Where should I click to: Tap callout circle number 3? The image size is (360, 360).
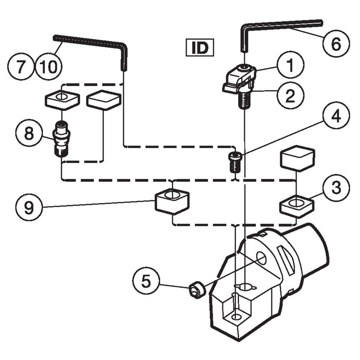click(x=336, y=188)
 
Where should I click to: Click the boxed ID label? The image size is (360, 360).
click(x=200, y=48)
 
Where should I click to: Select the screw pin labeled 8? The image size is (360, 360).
click(x=62, y=138)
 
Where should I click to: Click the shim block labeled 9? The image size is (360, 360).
click(x=172, y=201)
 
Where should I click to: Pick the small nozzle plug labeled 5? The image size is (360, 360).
click(x=196, y=290)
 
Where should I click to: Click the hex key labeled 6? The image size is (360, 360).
click(x=278, y=25)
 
